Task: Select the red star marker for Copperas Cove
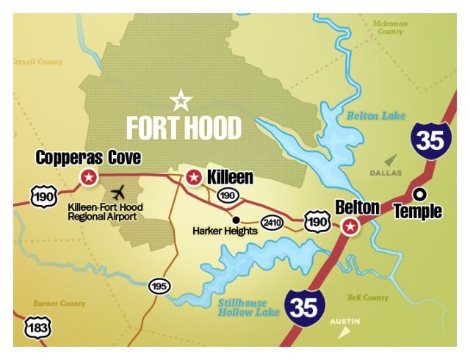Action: pyautogui.click(x=88, y=176)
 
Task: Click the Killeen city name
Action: pyautogui.click(x=230, y=177)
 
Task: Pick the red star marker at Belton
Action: pyautogui.click(x=351, y=226)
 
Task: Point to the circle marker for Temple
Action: pyautogui.click(x=419, y=195)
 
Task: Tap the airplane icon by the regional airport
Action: pyautogui.click(x=117, y=193)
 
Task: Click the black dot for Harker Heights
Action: pyautogui.click(x=235, y=219)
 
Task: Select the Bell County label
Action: pyautogui.click(x=367, y=298)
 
